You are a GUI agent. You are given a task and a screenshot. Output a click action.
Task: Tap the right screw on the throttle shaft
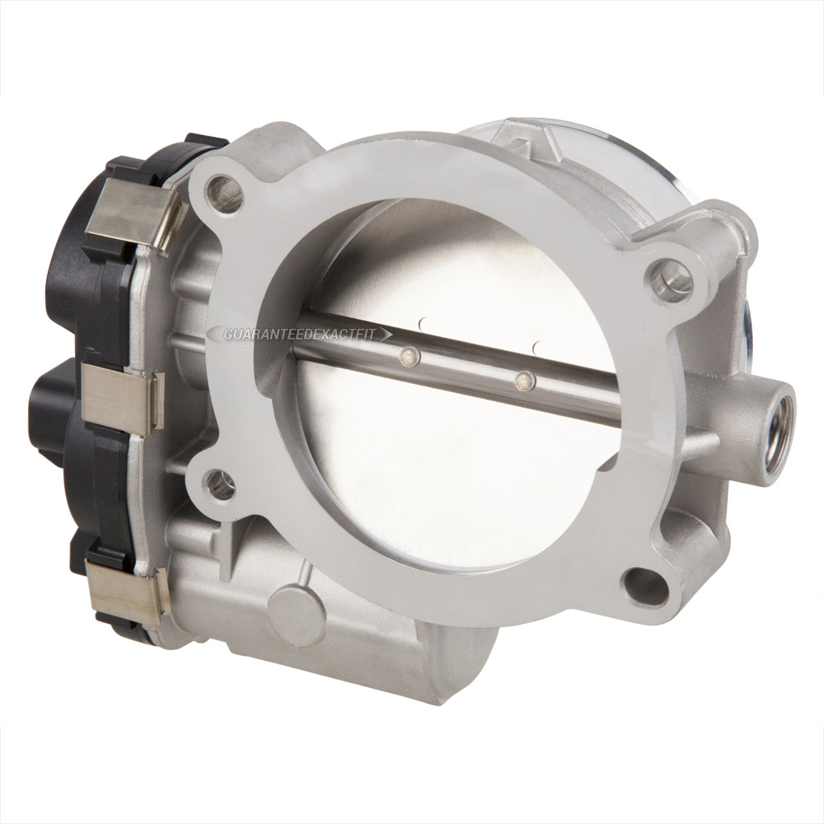coord(522,381)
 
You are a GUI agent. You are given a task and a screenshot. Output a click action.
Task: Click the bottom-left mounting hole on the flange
coord(218,484)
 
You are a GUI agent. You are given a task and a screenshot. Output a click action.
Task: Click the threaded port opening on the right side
coord(775,433)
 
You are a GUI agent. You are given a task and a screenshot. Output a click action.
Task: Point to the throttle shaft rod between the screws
coord(466,368)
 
